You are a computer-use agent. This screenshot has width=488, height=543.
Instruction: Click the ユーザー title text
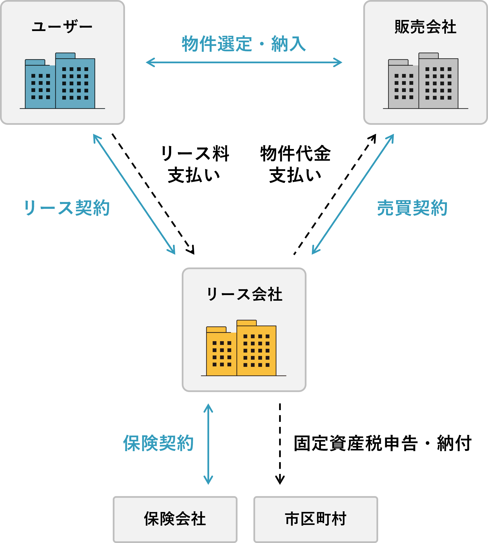click(62, 27)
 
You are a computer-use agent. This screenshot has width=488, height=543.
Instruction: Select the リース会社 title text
click(244, 294)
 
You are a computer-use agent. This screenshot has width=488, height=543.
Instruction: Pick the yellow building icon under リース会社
click(241, 348)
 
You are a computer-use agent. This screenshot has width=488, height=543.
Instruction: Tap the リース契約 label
click(67, 208)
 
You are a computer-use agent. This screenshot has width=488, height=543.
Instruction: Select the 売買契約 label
click(412, 208)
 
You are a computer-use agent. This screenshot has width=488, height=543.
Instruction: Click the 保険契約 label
click(158, 443)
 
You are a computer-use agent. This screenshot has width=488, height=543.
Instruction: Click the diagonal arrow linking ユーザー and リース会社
click(134, 194)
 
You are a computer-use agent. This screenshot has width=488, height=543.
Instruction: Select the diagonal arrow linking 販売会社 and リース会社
click(352, 194)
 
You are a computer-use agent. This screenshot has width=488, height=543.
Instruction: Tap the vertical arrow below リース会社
click(208, 445)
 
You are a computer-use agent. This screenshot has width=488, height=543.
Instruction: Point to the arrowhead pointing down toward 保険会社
click(208, 481)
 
